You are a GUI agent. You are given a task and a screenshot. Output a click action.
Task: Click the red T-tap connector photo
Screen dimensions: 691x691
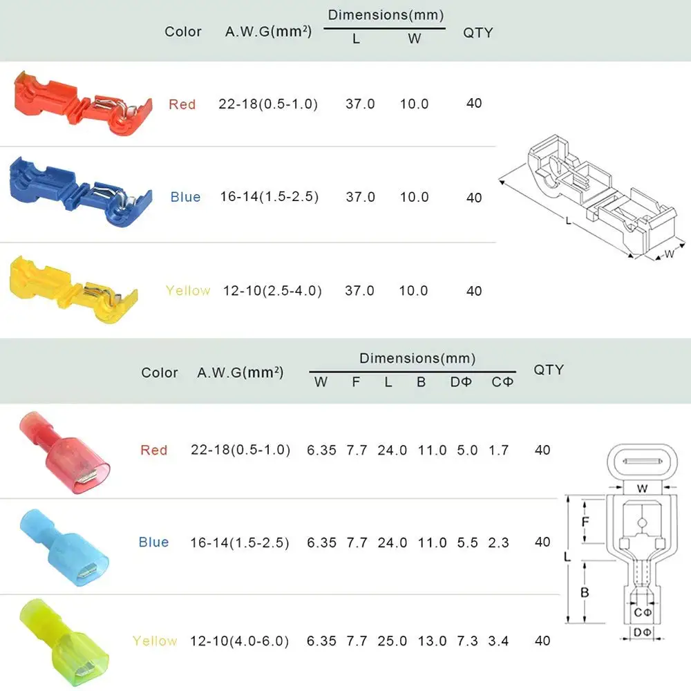tap(83, 104)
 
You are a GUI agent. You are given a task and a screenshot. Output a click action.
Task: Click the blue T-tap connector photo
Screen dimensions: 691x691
tap(81, 192)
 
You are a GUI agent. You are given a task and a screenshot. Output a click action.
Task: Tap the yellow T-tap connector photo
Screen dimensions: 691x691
tap(74, 290)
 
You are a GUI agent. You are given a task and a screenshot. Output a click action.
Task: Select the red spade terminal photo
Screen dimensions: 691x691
tap(64, 453)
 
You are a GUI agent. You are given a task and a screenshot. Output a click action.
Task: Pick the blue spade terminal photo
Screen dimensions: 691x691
tap(64, 547)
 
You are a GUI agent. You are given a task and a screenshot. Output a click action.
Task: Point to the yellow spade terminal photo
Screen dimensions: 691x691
tap(64, 643)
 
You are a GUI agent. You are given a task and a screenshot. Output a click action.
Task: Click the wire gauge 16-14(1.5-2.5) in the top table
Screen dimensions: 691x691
tap(269, 196)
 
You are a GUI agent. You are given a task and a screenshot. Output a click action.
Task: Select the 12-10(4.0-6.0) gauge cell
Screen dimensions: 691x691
tap(239, 641)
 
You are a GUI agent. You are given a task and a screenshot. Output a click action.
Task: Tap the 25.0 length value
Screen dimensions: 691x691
tap(392, 641)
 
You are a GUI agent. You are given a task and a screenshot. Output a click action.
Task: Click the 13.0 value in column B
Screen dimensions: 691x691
tap(432, 641)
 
